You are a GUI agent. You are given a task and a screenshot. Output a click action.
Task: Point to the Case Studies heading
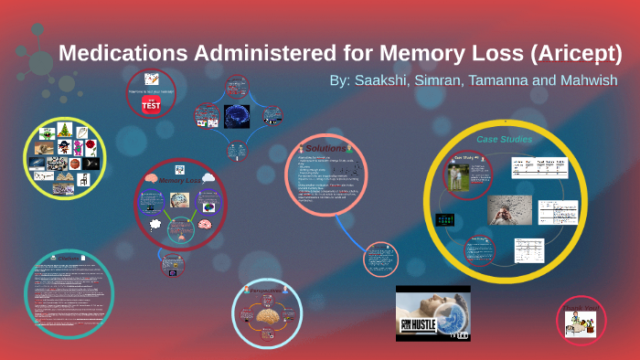pyautogui.click(x=504, y=139)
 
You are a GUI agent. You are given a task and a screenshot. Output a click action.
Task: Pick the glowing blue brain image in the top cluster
pyautogui.click(x=237, y=116)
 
